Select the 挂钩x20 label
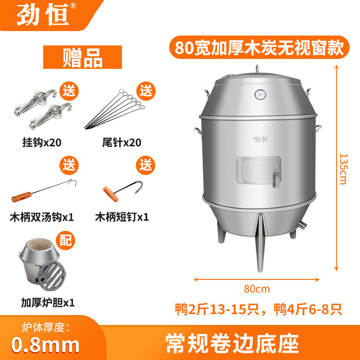[41, 143]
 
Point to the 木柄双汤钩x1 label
[41, 217]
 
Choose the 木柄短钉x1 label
[121, 217]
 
